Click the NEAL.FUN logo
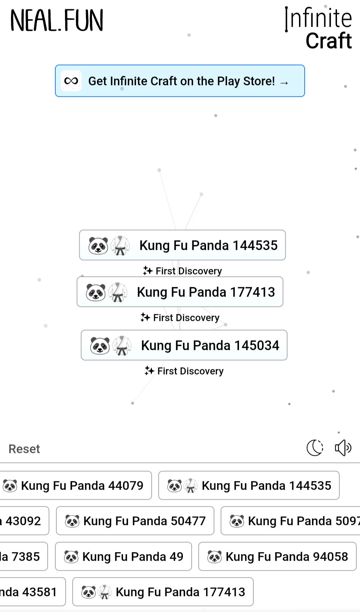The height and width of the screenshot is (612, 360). click(57, 21)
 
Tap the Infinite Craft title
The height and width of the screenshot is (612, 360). click(319, 29)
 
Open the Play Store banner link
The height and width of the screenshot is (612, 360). click(180, 81)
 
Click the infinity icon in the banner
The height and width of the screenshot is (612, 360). click(71, 81)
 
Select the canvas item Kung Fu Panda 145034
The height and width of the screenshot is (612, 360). click(184, 345)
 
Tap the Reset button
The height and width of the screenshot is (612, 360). click(24, 449)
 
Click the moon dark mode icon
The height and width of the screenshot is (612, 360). click(315, 448)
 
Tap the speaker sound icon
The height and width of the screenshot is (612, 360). click(343, 448)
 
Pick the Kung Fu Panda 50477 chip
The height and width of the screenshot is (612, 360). click(135, 521)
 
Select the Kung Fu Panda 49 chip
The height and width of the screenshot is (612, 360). click(123, 556)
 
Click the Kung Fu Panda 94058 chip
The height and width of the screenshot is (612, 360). click(277, 556)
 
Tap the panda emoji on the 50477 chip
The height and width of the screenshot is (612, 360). click(72, 521)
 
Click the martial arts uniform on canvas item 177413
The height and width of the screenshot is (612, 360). click(118, 292)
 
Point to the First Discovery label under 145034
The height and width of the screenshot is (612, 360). click(184, 371)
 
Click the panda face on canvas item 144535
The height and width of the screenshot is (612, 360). click(98, 246)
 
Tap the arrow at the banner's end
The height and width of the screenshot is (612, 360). click(284, 82)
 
